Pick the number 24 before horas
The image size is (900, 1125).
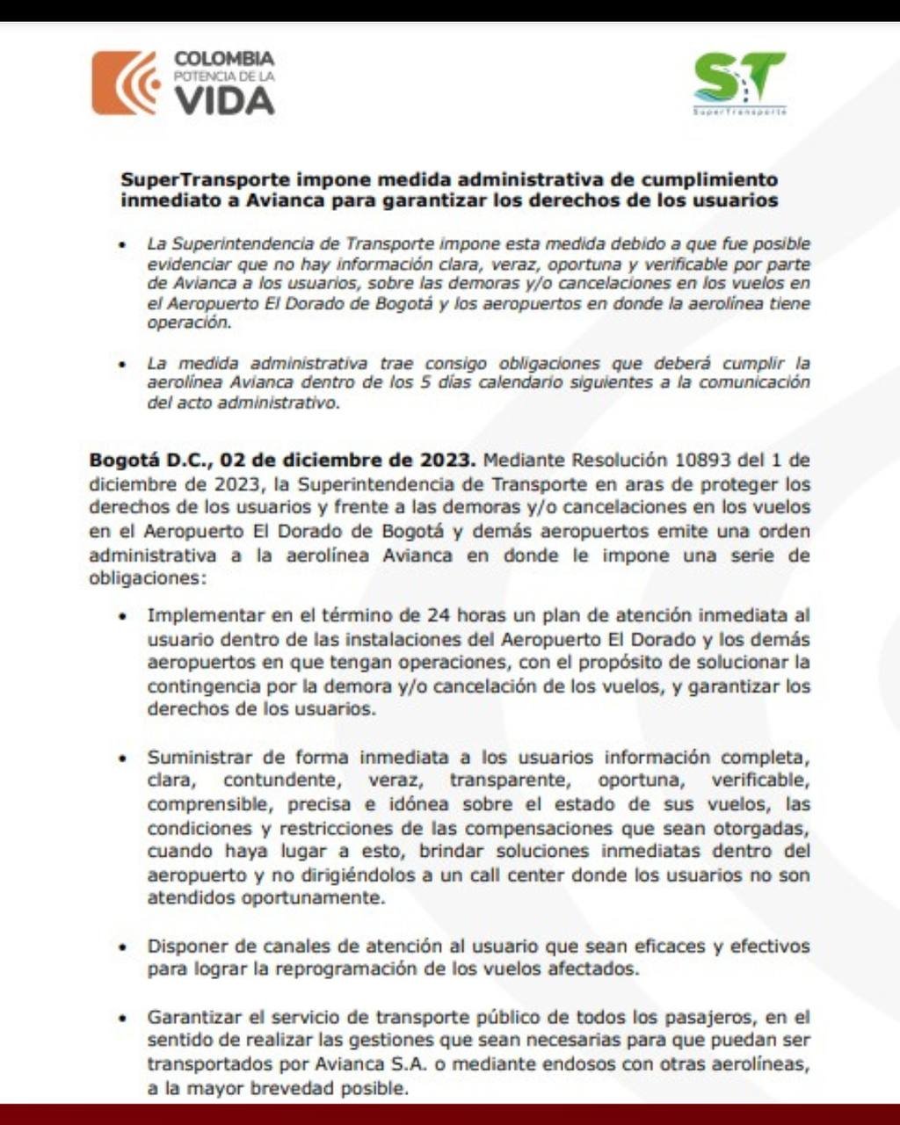(x=439, y=615)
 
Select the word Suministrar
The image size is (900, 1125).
(x=199, y=757)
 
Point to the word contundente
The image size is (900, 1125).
(x=279, y=780)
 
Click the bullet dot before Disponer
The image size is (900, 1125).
(x=124, y=947)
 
